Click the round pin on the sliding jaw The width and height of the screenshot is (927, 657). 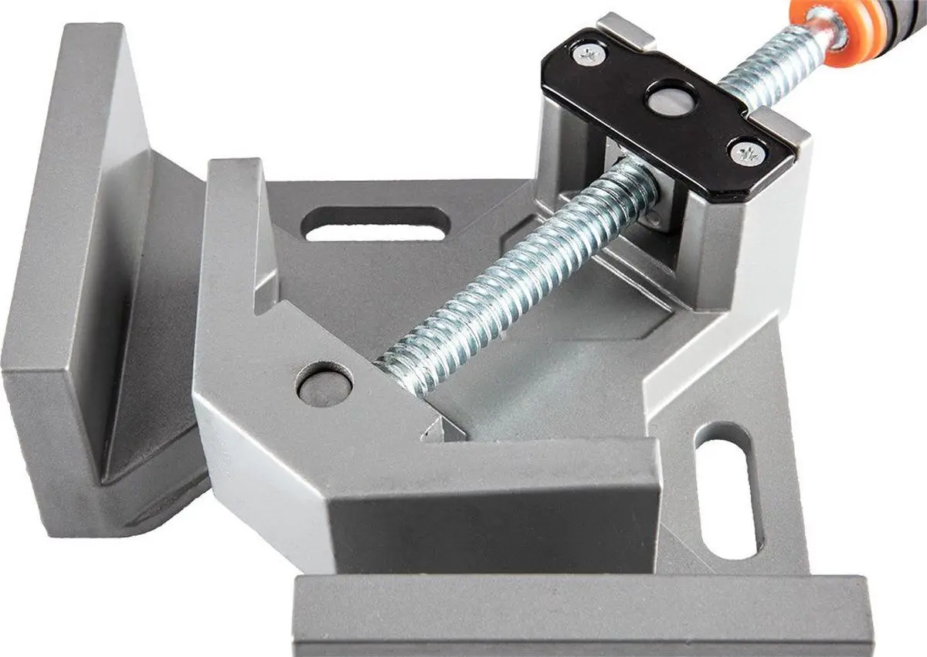click(324, 383)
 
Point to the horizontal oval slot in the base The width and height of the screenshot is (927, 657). click(375, 223)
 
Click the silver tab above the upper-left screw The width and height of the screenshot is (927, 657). click(626, 29)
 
